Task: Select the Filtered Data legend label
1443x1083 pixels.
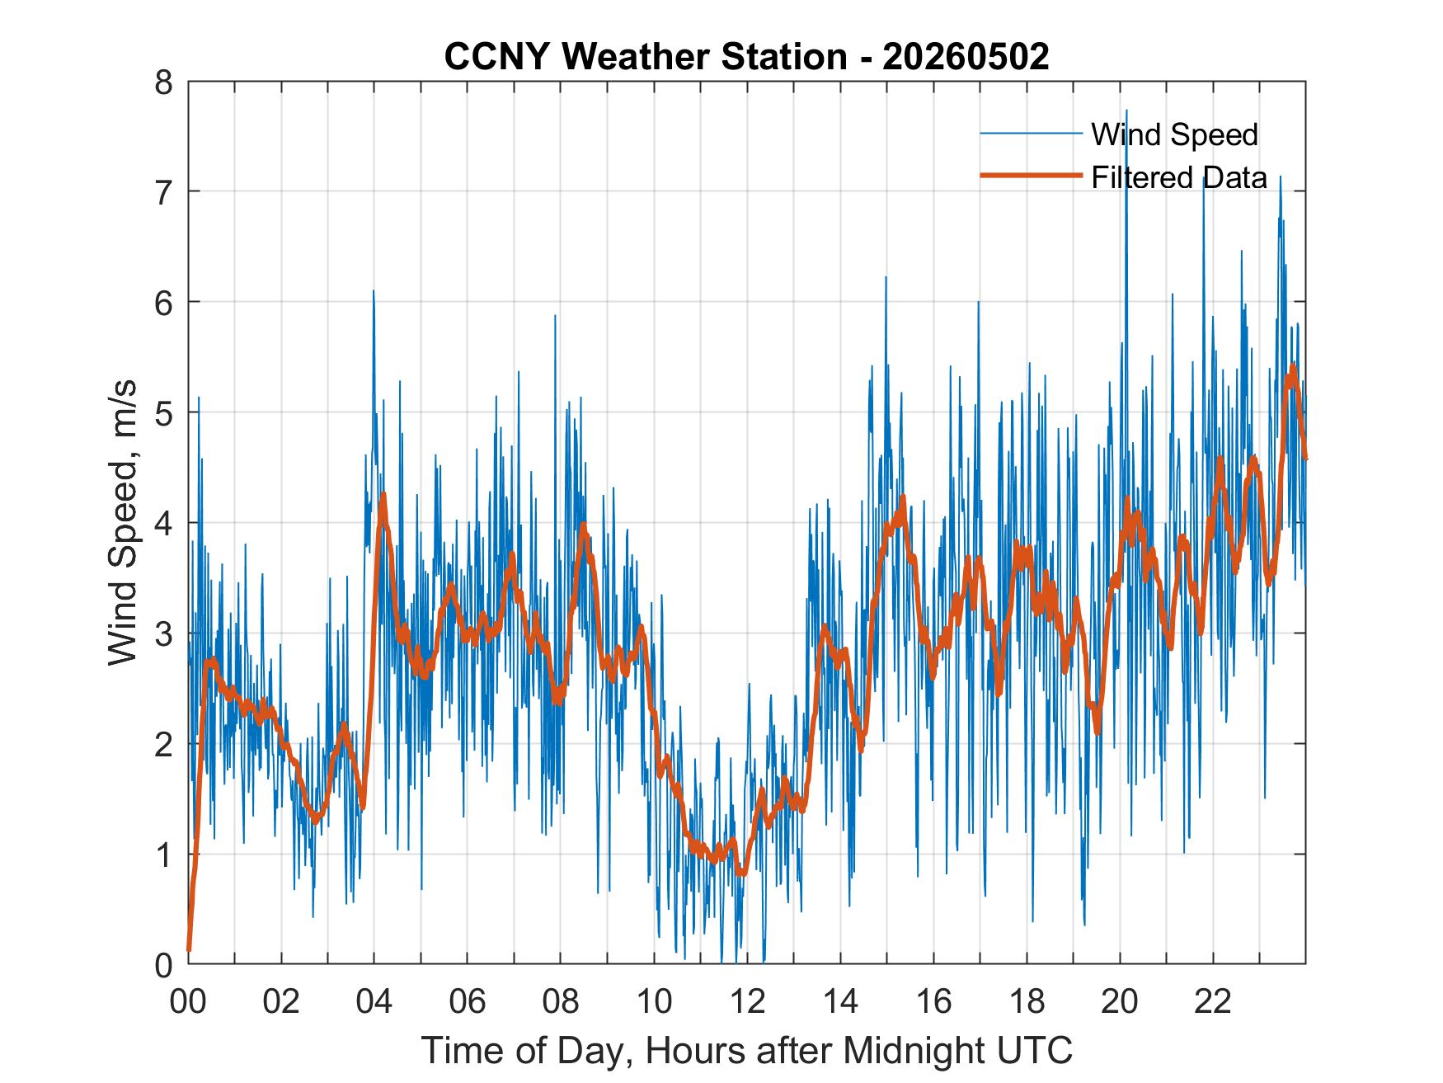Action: (1179, 177)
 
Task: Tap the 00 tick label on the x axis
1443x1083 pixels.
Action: (188, 1002)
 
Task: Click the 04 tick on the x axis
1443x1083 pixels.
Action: (374, 1002)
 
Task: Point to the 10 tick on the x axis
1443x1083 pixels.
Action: (654, 1002)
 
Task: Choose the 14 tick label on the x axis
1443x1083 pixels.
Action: (840, 1002)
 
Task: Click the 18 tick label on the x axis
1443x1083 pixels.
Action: (1027, 1002)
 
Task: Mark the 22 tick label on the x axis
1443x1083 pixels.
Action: (1213, 1002)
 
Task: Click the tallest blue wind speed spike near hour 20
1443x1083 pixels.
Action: (1126, 111)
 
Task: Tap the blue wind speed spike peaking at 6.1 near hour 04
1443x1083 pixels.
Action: (374, 291)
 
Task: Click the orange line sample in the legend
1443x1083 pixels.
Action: (1031, 176)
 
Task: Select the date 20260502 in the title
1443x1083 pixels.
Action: (966, 57)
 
